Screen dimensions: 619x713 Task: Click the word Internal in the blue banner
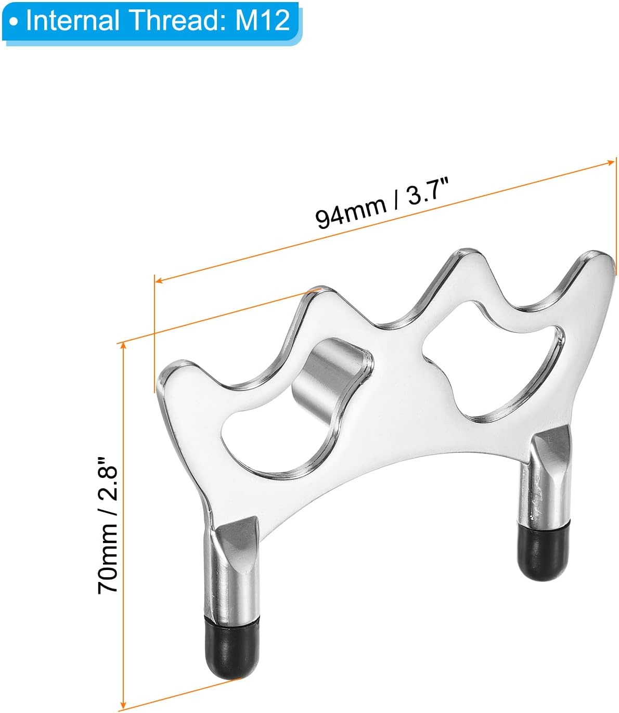72,20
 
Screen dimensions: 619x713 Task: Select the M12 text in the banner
263,20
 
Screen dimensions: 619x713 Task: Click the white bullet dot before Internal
14,22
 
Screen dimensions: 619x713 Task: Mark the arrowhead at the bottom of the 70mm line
122,705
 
